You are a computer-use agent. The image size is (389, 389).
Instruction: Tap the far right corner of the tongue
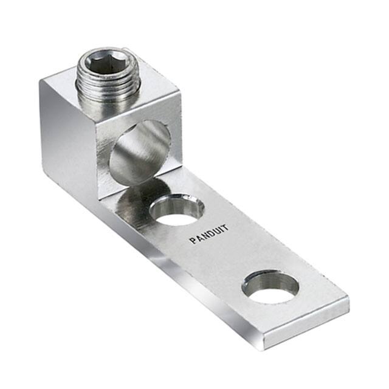tap(349, 298)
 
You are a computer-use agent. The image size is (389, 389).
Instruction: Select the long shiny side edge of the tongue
tap(201, 286)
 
